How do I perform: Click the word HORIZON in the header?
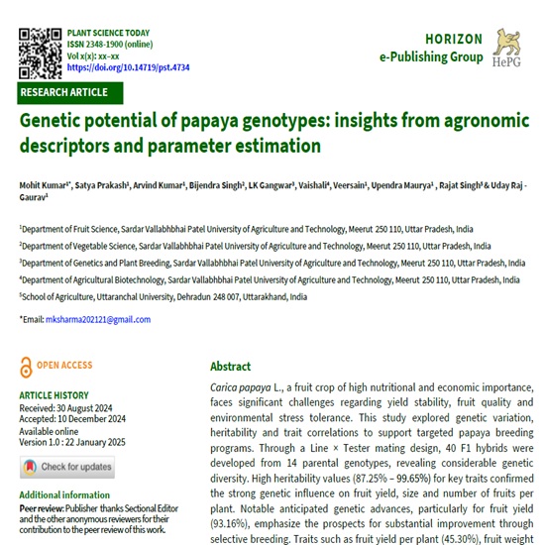(x=454, y=40)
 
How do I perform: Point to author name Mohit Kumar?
(x=45, y=185)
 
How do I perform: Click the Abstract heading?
(x=231, y=366)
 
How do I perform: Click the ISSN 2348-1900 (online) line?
(x=109, y=45)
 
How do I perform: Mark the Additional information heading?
(x=65, y=494)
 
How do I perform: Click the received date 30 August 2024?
(x=92, y=407)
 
